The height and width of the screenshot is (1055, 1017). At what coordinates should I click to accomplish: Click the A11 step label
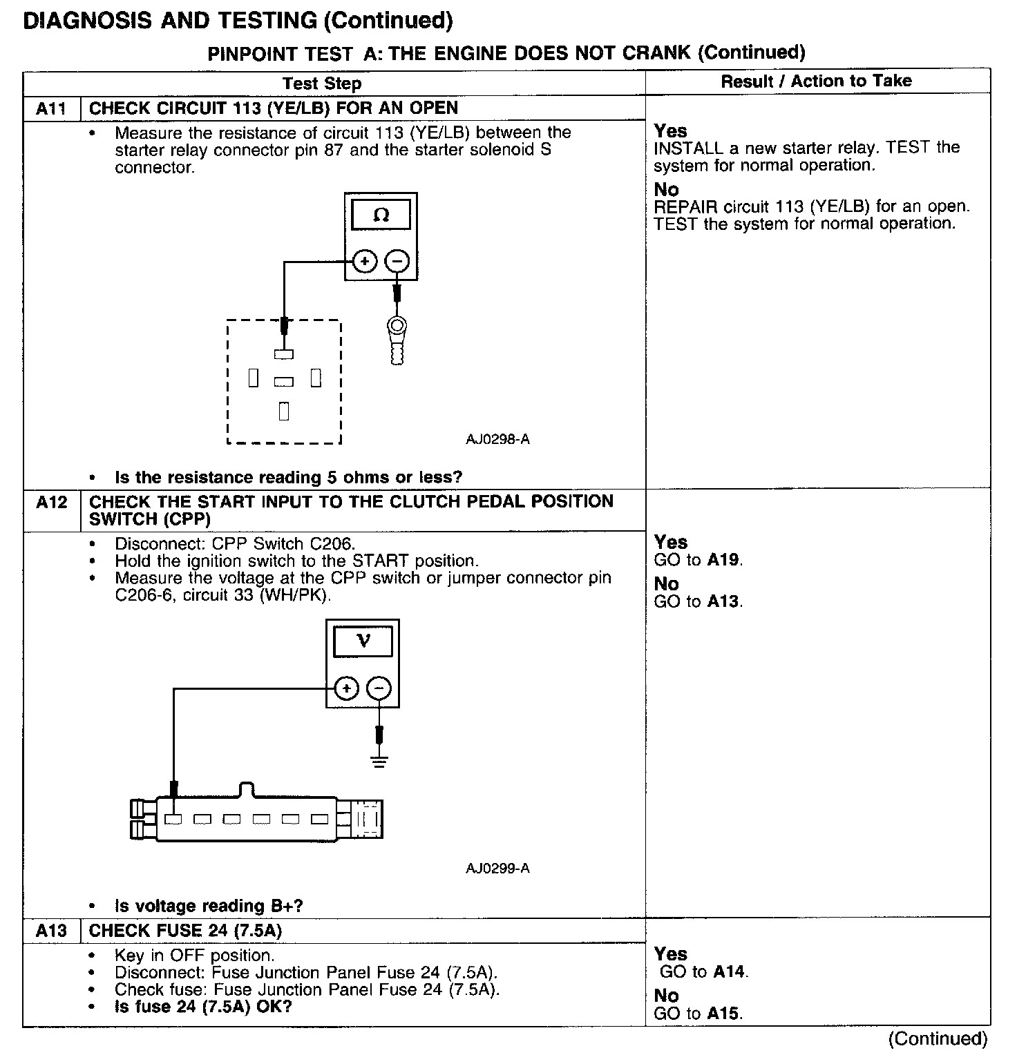(x=51, y=108)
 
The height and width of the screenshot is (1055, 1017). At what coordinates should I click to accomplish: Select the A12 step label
(x=51, y=503)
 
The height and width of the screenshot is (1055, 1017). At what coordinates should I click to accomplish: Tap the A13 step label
(x=51, y=931)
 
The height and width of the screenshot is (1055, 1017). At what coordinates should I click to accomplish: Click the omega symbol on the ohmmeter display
(x=381, y=215)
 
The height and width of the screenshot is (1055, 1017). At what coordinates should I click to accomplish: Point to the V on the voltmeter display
(x=363, y=641)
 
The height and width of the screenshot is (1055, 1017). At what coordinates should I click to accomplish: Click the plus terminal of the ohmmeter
(x=365, y=262)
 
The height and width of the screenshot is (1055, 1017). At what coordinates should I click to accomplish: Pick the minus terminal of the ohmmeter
(x=397, y=262)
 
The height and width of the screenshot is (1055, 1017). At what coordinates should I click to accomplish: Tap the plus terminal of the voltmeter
(x=346, y=688)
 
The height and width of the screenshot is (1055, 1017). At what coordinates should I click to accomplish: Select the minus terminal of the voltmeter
(x=379, y=688)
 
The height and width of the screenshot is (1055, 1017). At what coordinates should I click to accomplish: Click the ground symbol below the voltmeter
(x=379, y=762)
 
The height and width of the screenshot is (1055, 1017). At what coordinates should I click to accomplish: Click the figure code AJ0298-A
(x=497, y=439)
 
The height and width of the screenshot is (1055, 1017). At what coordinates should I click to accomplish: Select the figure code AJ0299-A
(x=497, y=868)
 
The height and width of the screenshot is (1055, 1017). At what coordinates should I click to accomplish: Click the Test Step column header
(x=322, y=84)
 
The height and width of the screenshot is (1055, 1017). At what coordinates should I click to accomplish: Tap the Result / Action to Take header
(x=816, y=81)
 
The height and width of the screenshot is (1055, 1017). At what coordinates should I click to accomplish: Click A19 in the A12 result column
(x=723, y=560)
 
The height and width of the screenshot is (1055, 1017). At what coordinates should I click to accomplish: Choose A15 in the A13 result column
(x=723, y=1014)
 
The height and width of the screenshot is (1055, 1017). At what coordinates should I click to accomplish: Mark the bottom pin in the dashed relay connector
(x=283, y=411)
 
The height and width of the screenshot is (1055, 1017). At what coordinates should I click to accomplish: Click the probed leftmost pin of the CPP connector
(x=173, y=819)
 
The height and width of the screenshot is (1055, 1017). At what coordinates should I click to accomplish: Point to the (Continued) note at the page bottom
(x=938, y=1039)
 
